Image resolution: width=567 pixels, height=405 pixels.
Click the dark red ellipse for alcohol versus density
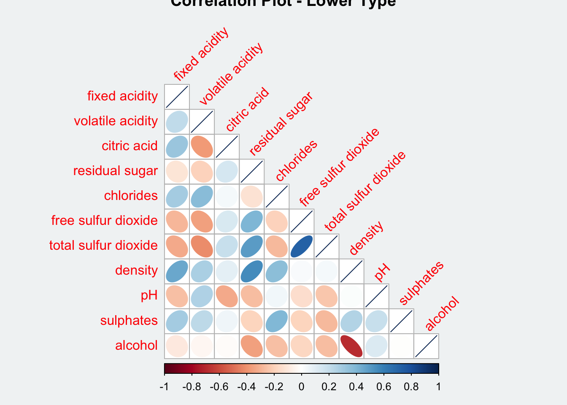351,346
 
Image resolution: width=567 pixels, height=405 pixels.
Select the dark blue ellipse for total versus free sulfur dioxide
302,246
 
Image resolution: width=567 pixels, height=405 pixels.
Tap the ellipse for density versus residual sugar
252,271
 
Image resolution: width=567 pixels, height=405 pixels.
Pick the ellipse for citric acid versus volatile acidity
202,146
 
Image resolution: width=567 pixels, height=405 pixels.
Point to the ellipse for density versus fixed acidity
177,271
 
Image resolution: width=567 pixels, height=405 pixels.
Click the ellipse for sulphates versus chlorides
277,321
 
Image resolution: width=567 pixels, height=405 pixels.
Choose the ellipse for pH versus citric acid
227,296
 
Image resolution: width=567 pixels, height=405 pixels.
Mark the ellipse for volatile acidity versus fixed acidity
177,121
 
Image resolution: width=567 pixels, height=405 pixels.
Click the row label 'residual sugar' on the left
115,171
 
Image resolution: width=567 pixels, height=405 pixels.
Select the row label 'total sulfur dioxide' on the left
103,246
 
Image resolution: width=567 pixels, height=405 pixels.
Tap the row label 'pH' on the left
149,295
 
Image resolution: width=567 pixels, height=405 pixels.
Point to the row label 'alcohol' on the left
136,346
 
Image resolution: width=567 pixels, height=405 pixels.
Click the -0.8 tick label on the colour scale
191,387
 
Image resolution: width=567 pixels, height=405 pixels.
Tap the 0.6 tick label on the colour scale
383,387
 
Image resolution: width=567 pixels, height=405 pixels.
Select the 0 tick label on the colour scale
301,387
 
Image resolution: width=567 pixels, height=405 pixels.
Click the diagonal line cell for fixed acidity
177,97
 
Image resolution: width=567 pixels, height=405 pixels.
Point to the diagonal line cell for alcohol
426,346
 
